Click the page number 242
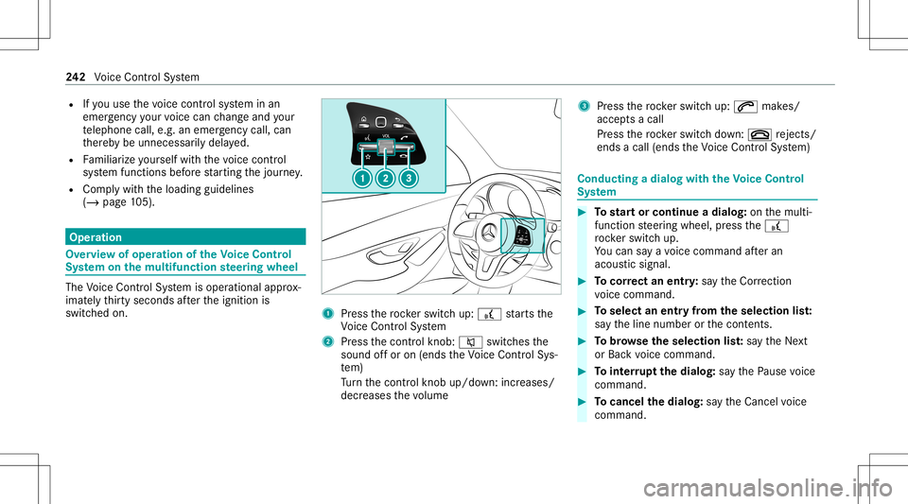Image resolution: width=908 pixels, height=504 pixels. point(76,77)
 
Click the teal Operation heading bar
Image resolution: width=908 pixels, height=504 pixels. point(185,236)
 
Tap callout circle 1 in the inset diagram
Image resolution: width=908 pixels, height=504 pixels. point(362,178)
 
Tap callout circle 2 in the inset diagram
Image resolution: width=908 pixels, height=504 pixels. point(385,178)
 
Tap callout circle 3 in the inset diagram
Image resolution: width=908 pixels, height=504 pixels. point(409,178)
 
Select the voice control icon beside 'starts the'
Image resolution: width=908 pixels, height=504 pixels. point(489,314)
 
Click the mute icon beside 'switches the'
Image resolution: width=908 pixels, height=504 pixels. point(470,342)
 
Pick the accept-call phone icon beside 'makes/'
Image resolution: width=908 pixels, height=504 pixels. point(745,107)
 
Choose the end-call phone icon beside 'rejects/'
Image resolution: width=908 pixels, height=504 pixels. point(760,135)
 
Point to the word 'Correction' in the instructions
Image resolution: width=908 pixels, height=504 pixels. point(765,281)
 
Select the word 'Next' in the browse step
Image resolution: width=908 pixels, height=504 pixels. point(795,341)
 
